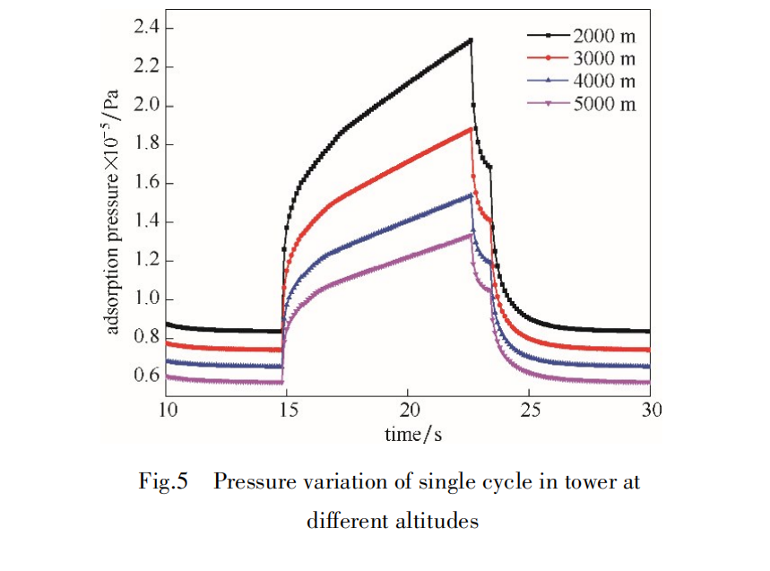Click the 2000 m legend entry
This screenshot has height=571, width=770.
(603, 37)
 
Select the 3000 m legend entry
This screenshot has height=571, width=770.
(603, 59)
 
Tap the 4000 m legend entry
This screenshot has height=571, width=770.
(603, 82)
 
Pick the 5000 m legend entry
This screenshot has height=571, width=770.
(603, 104)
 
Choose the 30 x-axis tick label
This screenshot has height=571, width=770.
(652, 410)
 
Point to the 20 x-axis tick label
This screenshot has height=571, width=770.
(408, 410)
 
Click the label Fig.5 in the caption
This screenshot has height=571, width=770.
(164, 482)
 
